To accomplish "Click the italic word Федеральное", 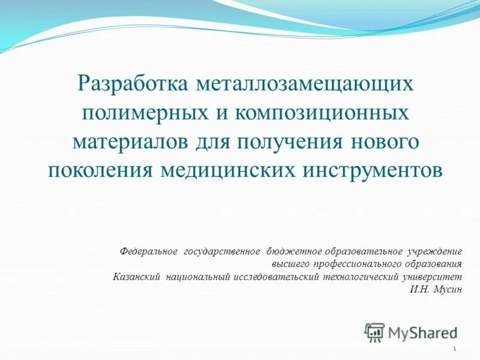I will pyautogui.click(x=148, y=250).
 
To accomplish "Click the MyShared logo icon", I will pyautogui.click(x=375, y=331).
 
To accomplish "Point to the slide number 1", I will pyautogui.click(x=455, y=349).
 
